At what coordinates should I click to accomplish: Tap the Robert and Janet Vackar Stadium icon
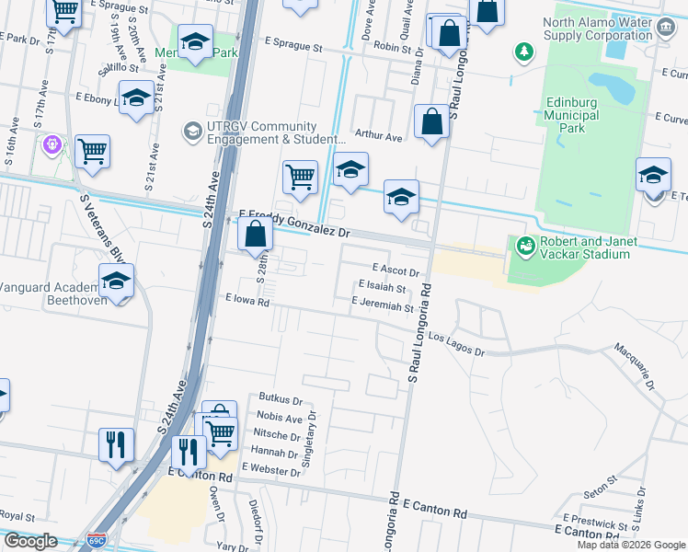(x=525, y=245)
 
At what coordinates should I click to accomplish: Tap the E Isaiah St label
(x=383, y=288)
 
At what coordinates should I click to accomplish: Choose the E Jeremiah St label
(x=383, y=304)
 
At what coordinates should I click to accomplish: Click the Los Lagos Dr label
(x=455, y=344)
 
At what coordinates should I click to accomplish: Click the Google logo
(x=30, y=541)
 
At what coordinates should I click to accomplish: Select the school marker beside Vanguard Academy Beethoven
(x=117, y=281)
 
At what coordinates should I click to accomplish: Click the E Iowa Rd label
(x=247, y=301)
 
